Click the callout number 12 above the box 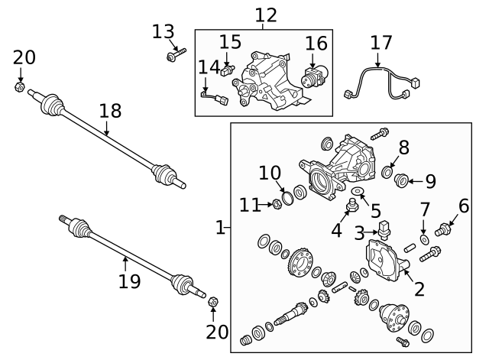265,15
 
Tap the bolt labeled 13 172,56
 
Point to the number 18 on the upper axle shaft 110,111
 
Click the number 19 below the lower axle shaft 129,281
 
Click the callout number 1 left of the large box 220,227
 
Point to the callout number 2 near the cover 419,289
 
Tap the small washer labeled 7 425,240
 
